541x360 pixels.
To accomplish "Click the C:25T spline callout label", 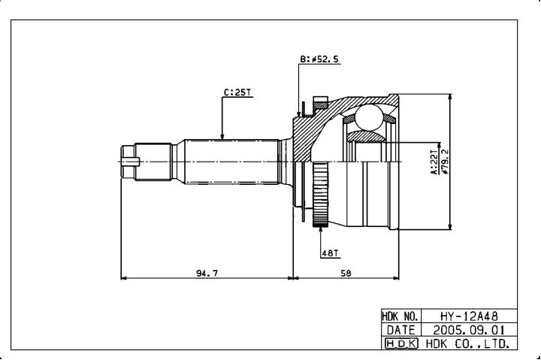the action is pos(237,92).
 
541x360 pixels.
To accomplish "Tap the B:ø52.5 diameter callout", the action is pos(319,59).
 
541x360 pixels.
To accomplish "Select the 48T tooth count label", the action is pos(330,253).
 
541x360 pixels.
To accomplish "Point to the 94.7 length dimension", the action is pos(207,273).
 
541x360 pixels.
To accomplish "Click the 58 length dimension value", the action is pos(346,273).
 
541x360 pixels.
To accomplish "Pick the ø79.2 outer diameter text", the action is pos(446,162).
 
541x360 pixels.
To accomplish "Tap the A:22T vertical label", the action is pos(434,162).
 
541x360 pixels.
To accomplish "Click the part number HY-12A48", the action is pos(469,316).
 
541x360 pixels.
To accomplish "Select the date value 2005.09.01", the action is pos(469,330).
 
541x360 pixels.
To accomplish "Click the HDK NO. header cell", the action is pos(400,316).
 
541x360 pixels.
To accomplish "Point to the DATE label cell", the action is pos(400,330).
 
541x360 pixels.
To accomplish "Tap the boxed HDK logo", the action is pos(401,343).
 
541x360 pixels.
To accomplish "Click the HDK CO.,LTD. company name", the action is pos(468,343).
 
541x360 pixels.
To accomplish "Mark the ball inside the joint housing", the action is pos(369,117).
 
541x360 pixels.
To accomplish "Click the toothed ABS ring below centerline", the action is pos(320,195).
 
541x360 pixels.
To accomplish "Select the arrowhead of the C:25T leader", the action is pos(222,136).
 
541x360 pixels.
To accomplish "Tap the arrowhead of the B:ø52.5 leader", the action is pos(298,114).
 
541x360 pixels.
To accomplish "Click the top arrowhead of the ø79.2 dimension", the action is pos(449,98).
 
